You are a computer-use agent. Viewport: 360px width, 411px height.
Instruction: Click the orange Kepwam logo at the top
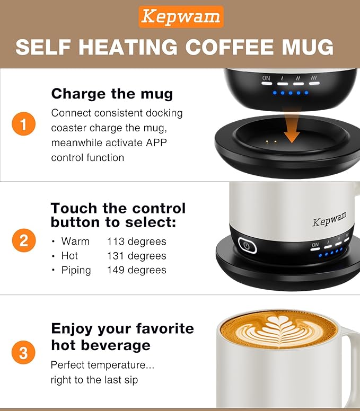coord(181,16)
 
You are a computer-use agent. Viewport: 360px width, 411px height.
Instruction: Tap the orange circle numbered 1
coord(23,126)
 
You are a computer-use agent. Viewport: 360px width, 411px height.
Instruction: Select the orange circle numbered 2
coord(23,241)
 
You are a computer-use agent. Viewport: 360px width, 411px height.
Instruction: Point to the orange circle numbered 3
coord(23,353)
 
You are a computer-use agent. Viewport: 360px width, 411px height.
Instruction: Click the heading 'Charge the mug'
coord(112,94)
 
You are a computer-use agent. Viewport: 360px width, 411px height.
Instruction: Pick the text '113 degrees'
coord(137,242)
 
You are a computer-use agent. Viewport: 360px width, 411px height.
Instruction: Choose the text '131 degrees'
coord(137,256)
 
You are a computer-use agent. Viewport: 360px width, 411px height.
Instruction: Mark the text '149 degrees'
coord(137,270)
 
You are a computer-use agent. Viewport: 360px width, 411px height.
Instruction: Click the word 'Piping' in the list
coord(76,270)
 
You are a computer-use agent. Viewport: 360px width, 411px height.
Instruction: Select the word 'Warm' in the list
coord(75,242)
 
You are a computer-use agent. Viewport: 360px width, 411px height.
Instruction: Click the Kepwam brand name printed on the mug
coord(329,218)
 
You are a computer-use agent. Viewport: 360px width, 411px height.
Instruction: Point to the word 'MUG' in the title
coord(307,48)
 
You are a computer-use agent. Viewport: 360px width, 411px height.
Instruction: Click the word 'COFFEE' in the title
coord(231,48)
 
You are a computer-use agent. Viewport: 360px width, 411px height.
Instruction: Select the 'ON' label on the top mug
coord(266,78)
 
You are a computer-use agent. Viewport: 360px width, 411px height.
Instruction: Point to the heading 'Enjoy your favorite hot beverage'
coord(122,337)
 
